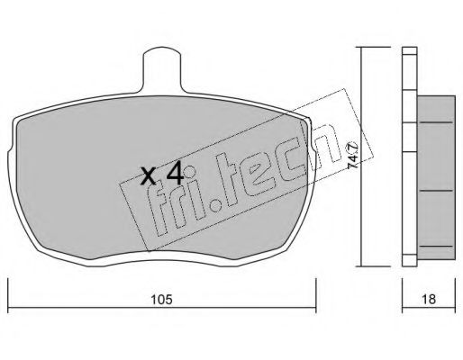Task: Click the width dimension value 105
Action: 161,300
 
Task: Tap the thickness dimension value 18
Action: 429,300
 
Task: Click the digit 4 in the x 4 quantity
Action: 175,173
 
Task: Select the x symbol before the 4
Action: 149,176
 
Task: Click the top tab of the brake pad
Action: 162,69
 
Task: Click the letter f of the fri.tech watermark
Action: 159,209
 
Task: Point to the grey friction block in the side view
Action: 436,177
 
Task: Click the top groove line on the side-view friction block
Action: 436,122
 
